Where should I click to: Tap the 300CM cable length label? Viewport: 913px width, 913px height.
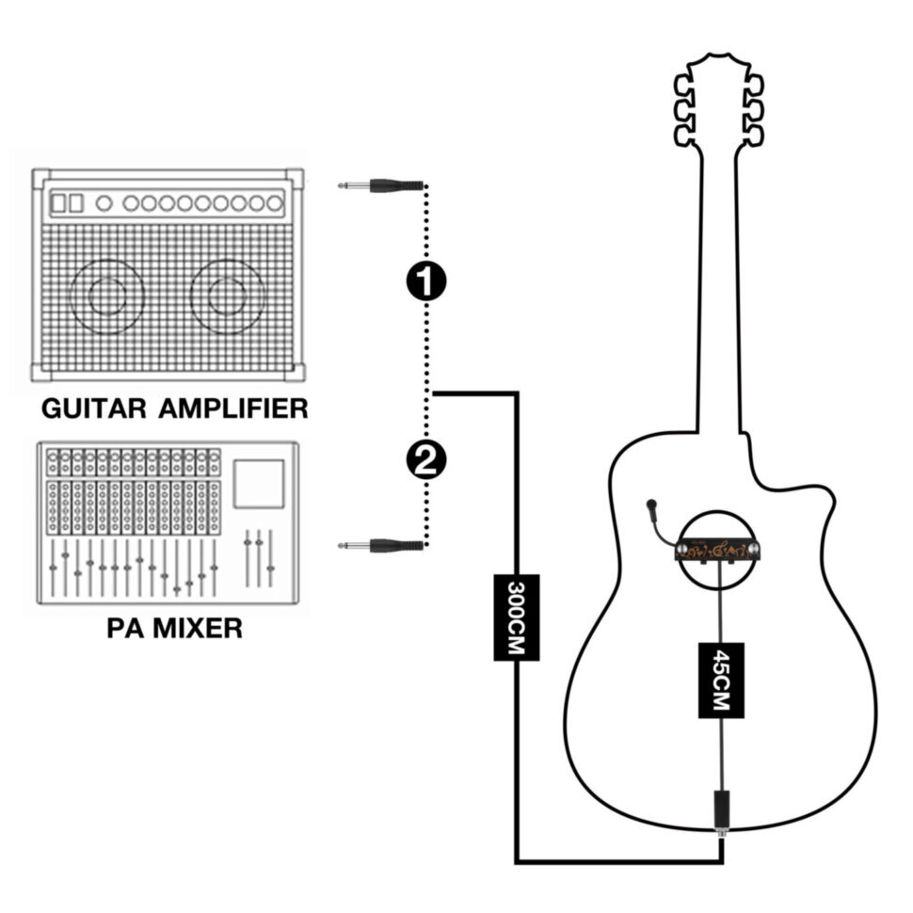pyautogui.click(x=516, y=617)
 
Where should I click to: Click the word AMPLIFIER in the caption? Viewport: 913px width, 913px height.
pyautogui.click(x=233, y=408)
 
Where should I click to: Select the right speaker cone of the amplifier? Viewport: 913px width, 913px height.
pyautogui.click(x=227, y=297)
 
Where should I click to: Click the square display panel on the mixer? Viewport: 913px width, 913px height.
pyautogui.click(x=259, y=483)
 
